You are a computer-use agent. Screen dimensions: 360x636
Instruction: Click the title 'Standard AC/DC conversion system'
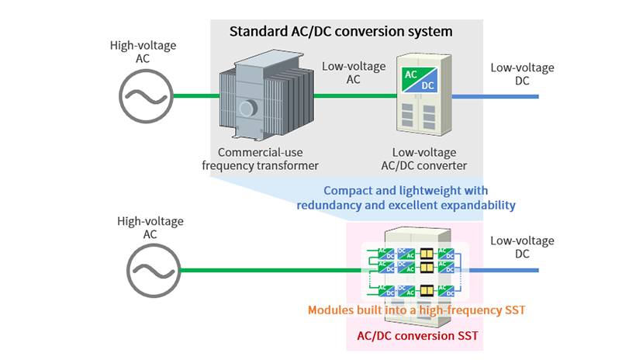point(340,33)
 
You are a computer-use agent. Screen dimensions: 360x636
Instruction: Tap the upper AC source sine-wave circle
point(145,96)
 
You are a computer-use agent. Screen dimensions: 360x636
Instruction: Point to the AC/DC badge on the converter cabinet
point(418,78)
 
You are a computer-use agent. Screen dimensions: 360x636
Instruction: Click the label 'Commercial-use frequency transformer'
point(260,159)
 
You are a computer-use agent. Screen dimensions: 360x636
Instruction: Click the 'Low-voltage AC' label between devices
point(353,72)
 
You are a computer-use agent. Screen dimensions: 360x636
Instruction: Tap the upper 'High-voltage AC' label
point(145,52)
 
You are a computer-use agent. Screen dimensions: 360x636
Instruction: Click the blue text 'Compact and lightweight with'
point(406,190)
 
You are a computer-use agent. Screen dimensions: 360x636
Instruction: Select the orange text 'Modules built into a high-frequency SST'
point(417,310)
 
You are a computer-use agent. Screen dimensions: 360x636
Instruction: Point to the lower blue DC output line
point(504,271)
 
